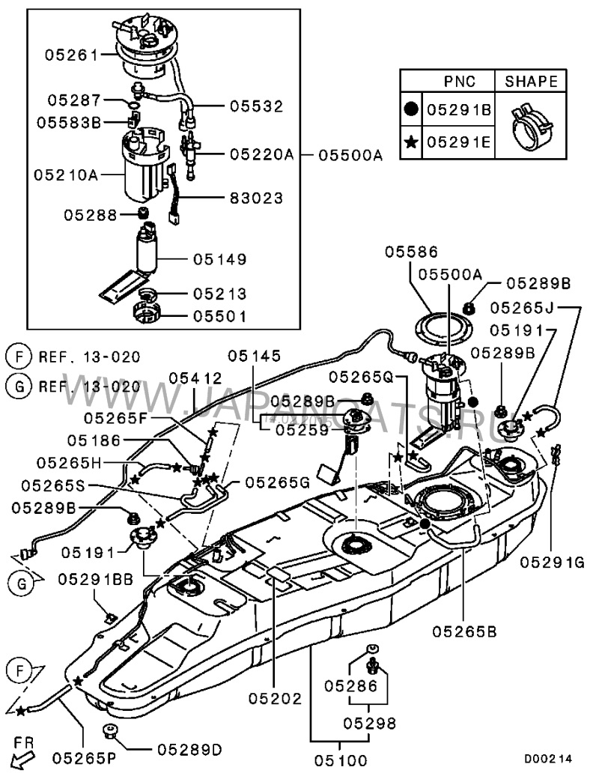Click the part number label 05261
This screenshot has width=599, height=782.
click(73, 55)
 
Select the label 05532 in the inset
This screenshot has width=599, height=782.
click(256, 106)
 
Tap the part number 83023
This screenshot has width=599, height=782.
click(256, 198)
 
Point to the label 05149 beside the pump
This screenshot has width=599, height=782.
click(220, 259)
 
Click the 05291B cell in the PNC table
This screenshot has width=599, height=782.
click(459, 109)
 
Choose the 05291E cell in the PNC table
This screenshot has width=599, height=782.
click(459, 142)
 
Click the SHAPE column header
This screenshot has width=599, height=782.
click(531, 82)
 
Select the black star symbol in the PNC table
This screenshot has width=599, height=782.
click(411, 142)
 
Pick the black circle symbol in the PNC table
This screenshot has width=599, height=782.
click(411, 109)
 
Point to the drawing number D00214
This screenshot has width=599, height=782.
click(548, 760)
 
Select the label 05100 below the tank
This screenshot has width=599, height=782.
click(341, 760)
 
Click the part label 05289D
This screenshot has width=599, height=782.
click(190, 750)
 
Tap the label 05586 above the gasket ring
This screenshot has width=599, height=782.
click(411, 252)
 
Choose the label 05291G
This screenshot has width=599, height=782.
click(552, 563)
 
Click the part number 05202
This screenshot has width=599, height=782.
click(276, 699)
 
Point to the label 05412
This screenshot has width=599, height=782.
click(195, 378)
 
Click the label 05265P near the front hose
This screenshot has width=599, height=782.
click(84, 757)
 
